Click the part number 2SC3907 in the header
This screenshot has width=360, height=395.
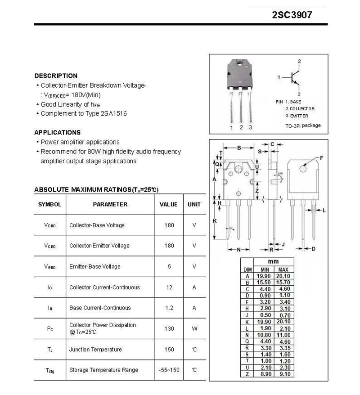tap(292, 14)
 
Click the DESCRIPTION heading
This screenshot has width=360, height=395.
tap(56, 76)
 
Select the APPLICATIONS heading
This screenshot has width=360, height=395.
tap(58, 132)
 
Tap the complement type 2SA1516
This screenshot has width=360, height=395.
tap(114, 113)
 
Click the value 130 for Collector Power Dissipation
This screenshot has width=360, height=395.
tap(169, 328)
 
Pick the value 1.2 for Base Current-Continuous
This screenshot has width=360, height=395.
tap(169, 308)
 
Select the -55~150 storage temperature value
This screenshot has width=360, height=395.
tap(169, 370)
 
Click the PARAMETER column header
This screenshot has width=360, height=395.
tap(110, 204)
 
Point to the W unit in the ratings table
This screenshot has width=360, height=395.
tap(194, 328)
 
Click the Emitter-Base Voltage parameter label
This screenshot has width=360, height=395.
tap(95, 266)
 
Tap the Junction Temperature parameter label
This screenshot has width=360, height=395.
tap(95, 350)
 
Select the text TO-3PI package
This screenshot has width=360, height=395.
tap(303, 126)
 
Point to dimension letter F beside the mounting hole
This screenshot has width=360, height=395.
tap(321, 157)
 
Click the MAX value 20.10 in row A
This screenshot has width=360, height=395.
tap(283, 276)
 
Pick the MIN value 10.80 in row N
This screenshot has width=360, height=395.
tap(263, 335)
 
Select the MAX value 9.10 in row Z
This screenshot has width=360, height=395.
tap(283, 373)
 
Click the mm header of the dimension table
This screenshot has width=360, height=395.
tap(273, 261)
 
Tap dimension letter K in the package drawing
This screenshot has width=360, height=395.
tap(215, 220)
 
